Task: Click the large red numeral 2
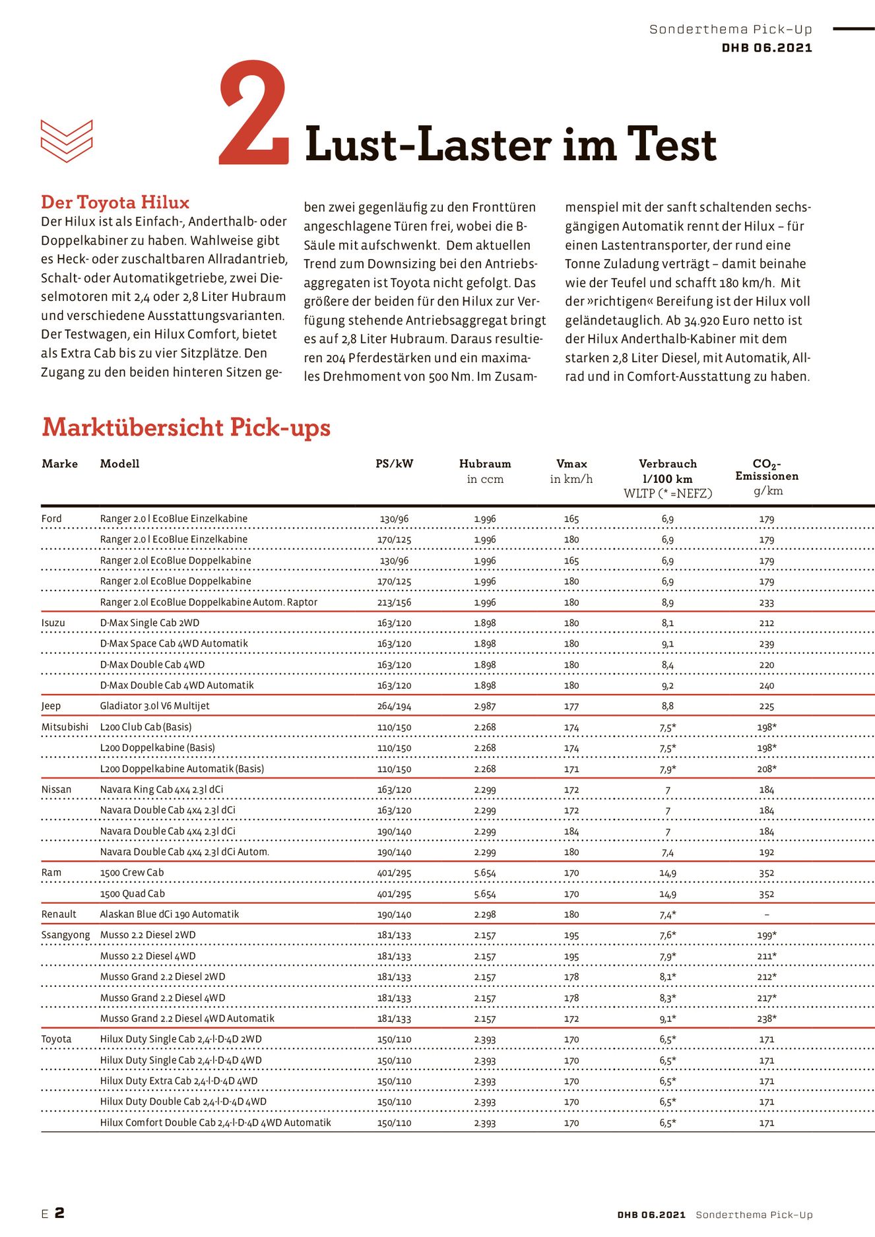tap(254, 113)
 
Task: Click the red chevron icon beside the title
tap(67, 141)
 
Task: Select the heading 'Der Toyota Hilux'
tap(115, 203)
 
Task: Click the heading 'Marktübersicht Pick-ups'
tap(186, 428)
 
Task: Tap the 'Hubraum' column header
tap(485, 464)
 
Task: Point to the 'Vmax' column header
tap(571, 464)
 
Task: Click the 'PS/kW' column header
tap(394, 464)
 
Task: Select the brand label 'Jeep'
tap(51, 706)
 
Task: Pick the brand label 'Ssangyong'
tap(65, 935)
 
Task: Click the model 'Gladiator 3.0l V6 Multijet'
tap(154, 706)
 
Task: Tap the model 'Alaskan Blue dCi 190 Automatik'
tap(170, 914)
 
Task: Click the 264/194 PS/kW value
tap(394, 707)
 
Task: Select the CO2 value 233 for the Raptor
tap(766, 603)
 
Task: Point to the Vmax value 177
tap(571, 707)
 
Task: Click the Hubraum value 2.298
tap(485, 915)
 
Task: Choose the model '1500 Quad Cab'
tap(133, 894)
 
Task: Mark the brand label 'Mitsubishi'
tap(65, 727)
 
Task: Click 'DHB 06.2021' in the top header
tap(767, 48)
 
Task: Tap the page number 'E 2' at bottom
tap(53, 1213)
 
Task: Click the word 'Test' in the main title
tap(671, 145)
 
